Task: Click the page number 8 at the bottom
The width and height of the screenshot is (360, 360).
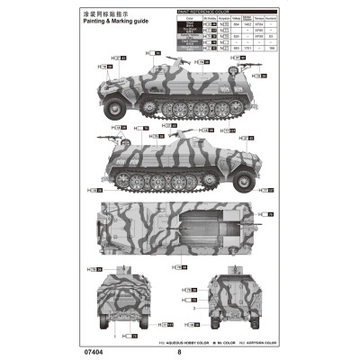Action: (x=179, y=352)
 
